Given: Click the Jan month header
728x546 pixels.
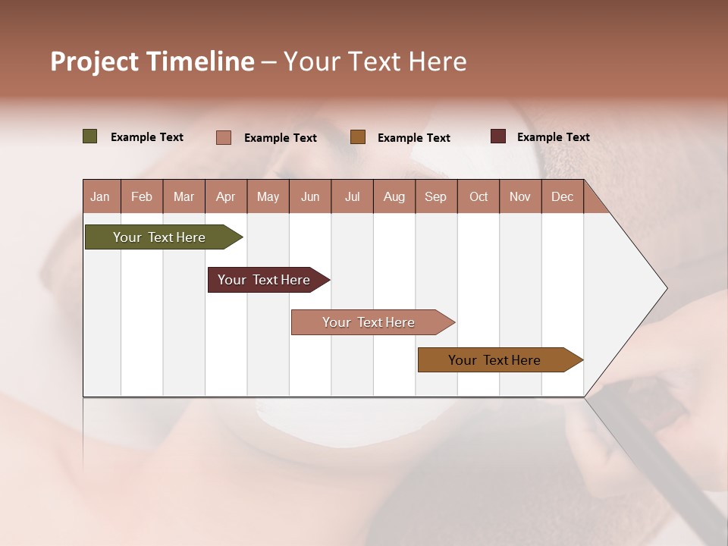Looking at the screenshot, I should click(x=100, y=196).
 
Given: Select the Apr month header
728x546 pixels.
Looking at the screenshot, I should click(x=226, y=196).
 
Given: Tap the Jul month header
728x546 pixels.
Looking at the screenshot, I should click(x=352, y=196).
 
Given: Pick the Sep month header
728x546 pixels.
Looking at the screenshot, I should click(x=435, y=196).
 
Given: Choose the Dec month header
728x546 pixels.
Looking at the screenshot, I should click(x=562, y=196).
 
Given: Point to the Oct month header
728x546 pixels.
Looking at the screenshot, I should click(x=479, y=196).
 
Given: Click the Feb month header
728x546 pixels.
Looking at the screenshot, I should click(x=142, y=196).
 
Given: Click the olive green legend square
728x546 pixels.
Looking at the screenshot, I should click(x=90, y=136).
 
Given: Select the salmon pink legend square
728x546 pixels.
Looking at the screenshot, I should click(x=224, y=137).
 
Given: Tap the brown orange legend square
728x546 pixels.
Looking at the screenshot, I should click(x=358, y=137).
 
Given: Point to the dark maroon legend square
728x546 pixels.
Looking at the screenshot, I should click(x=497, y=136).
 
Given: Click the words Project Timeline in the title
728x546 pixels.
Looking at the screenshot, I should click(x=152, y=61).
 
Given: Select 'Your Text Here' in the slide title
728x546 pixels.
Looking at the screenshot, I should click(x=375, y=61).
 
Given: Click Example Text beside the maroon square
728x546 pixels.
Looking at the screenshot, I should click(x=553, y=137).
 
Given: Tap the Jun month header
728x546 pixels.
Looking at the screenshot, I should click(x=310, y=196).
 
